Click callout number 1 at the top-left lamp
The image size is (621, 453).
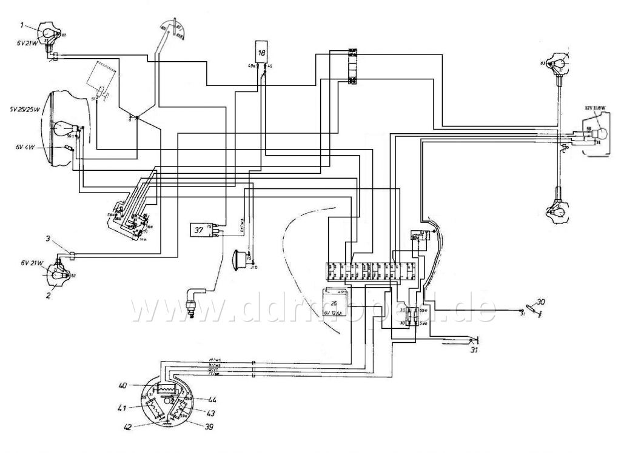point(22,25)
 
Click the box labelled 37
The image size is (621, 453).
point(198,229)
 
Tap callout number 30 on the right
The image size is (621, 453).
point(542,302)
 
